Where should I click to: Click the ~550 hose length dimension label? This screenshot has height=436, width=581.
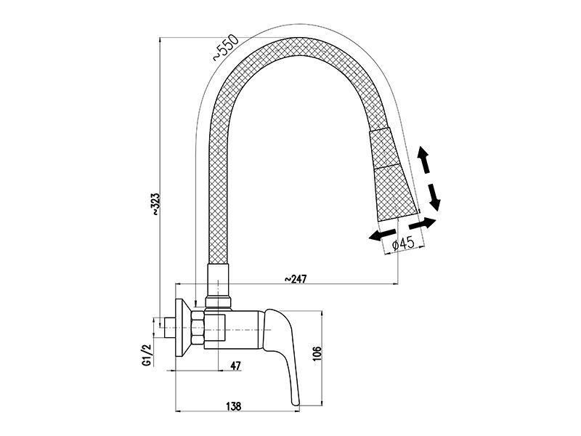pyautogui.click(x=225, y=47)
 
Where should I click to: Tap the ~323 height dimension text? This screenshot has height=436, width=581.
pyautogui.click(x=155, y=203)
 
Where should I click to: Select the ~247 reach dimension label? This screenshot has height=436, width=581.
pyautogui.click(x=296, y=278)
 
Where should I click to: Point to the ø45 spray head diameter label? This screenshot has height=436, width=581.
pyautogui.click(x=403, y=243)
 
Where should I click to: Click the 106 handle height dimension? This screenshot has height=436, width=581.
pyautogui.click(x=317, y=355)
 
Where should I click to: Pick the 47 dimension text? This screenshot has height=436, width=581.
pyautogui.click(x=235, y=366)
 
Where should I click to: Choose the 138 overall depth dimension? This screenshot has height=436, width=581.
pyautogui.click(x=233, y=406)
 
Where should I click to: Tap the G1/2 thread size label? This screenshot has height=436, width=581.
pyautogui.click(x=147, y=355)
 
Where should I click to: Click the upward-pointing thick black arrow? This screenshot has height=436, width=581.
pyautogui.click(x=423, y=159)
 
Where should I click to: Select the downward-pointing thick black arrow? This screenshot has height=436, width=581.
pyautogui.click(x=433, y=198)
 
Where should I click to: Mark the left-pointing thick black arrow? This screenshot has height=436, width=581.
pyautogui.click(x=382, y=234)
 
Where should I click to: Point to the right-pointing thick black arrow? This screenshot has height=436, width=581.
pyautogui.click(x=423, y=224)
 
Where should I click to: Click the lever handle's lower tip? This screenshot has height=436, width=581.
pyautogui.click(x=296, y=403)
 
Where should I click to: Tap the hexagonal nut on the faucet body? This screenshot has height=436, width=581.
pyautogui.click(x=198, y=330)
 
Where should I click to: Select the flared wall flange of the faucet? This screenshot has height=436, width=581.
pyautogui.click(x=183, y=328)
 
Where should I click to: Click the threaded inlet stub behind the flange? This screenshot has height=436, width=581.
pyautogui.click(x=170, y=328)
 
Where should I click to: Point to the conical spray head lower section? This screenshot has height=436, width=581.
pyautogui.click(x=396, y=193)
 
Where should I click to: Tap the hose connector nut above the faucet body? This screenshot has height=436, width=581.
pyautogui.click(x=219, y=301)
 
